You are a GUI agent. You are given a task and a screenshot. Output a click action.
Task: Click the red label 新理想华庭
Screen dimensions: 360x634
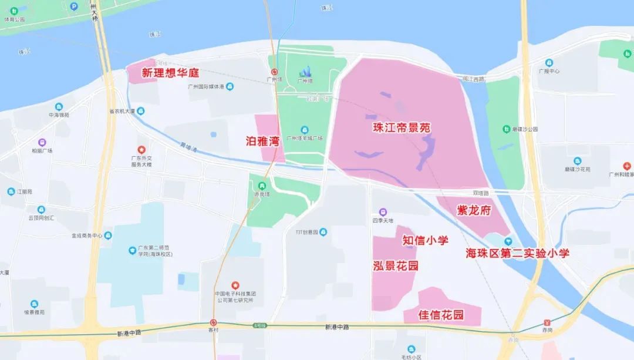[x=171, y=73]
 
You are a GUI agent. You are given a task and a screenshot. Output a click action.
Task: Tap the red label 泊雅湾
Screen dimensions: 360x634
[x=262, y=141]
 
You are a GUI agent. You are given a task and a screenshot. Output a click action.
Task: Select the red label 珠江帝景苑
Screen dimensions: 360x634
[x=402, y=127]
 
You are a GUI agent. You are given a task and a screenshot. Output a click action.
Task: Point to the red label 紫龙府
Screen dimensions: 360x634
[x=473, y=210]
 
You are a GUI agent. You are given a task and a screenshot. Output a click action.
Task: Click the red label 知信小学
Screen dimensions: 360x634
[x=425, y=240]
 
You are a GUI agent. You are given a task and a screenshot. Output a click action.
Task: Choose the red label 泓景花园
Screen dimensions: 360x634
[x=396, y=266]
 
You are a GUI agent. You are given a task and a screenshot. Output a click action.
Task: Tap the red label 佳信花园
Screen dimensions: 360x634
[x=441, y=315]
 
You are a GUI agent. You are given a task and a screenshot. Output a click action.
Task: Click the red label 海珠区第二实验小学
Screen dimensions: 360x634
[x=517, y=253]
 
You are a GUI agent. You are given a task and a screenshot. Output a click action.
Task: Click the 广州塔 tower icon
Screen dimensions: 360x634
[x=305, y=73]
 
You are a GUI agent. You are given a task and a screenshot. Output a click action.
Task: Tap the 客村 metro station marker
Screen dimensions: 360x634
[x=213, y=322]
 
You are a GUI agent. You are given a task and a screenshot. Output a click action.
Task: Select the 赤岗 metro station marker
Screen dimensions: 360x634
[x=547, y=322]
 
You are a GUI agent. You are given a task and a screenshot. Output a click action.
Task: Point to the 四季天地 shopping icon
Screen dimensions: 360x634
[x=383, y=212]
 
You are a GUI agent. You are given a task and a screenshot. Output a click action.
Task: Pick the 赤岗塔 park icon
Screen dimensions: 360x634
[x=254, y=186]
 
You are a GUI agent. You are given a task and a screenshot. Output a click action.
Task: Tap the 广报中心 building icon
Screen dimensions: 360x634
[x=549, y=63]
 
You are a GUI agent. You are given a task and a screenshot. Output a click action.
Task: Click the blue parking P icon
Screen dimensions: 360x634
[x=74, y=6]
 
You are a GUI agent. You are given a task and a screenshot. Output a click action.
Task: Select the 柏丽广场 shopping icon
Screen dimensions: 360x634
[x=42, y=142]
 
